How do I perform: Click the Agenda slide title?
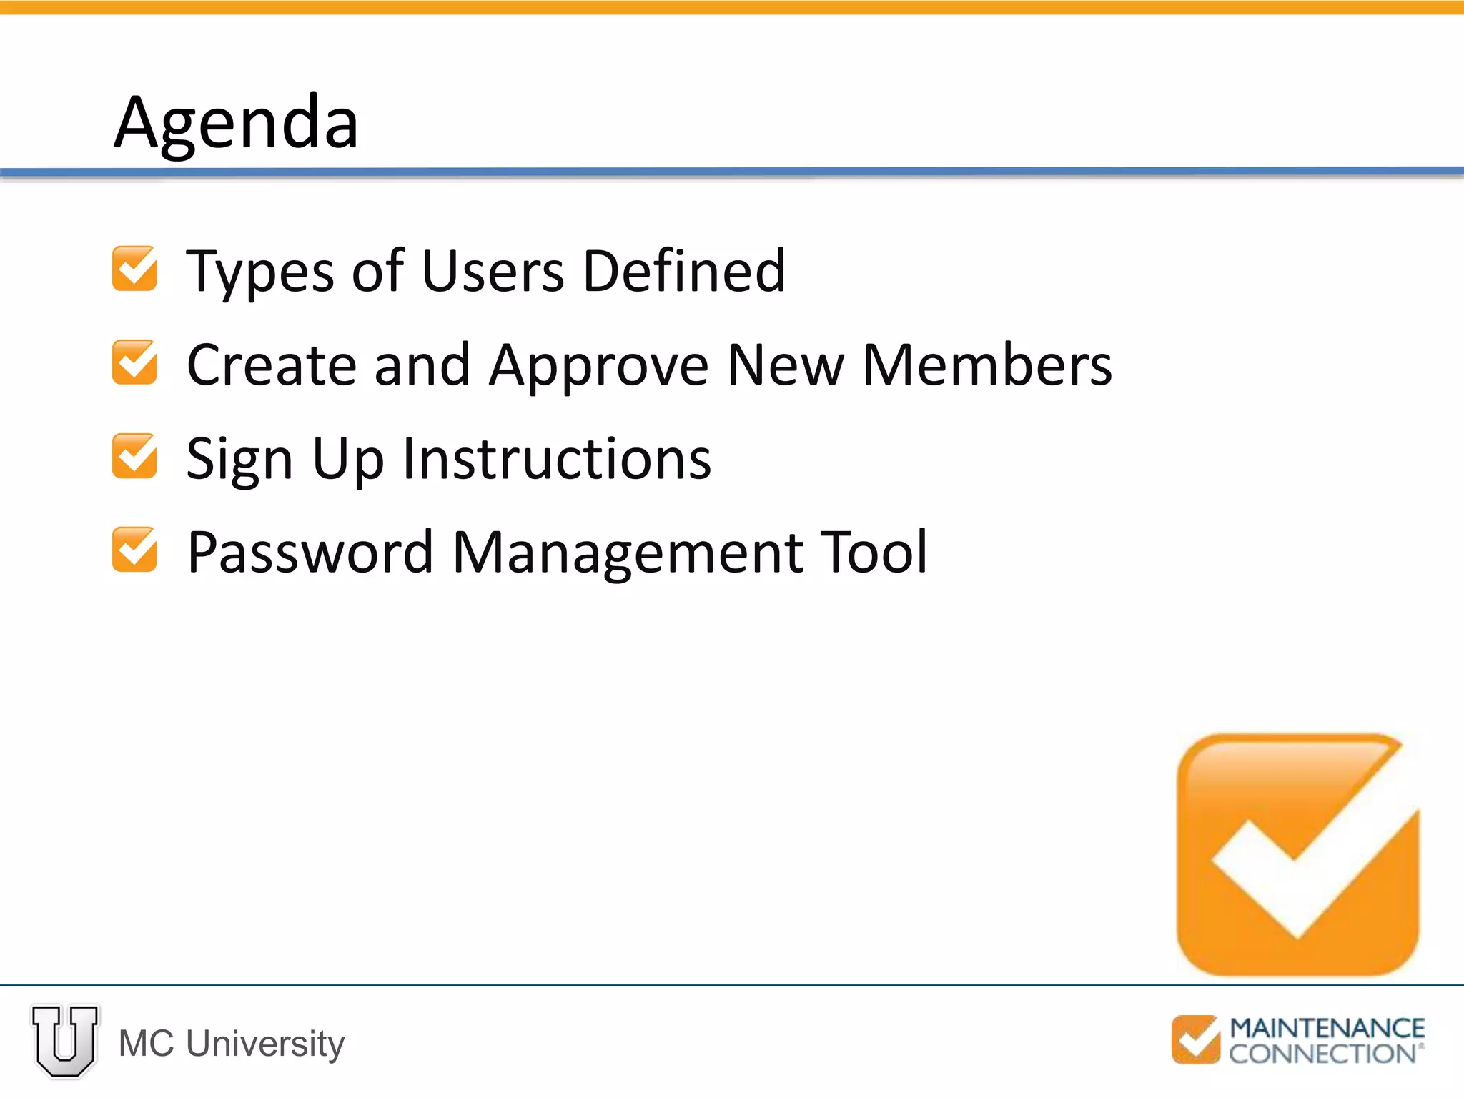[x=236, y=123]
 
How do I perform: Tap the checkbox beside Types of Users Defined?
[x=134, y=269]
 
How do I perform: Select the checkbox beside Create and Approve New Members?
[x=134, y=362]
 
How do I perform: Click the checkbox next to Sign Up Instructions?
[x=134, y=456]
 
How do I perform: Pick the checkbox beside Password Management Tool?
[x=134, y=550]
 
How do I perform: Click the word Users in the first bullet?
[x=493, y=271]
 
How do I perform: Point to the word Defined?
[x=684, y=271]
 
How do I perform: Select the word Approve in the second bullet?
[x=599, y=365]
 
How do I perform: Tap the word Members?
[x=987, y=365]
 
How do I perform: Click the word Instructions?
[x=557, y=458]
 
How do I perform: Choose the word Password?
[x=310, y=552]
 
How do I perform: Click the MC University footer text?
[x=232, y=1043]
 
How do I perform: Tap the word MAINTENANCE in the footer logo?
[x=1327, y=1028]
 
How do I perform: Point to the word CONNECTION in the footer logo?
[x=1322, y=1054]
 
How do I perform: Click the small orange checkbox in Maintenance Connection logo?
[x=1195, y=1039]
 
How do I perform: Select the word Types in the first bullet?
[x=259, y=272]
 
